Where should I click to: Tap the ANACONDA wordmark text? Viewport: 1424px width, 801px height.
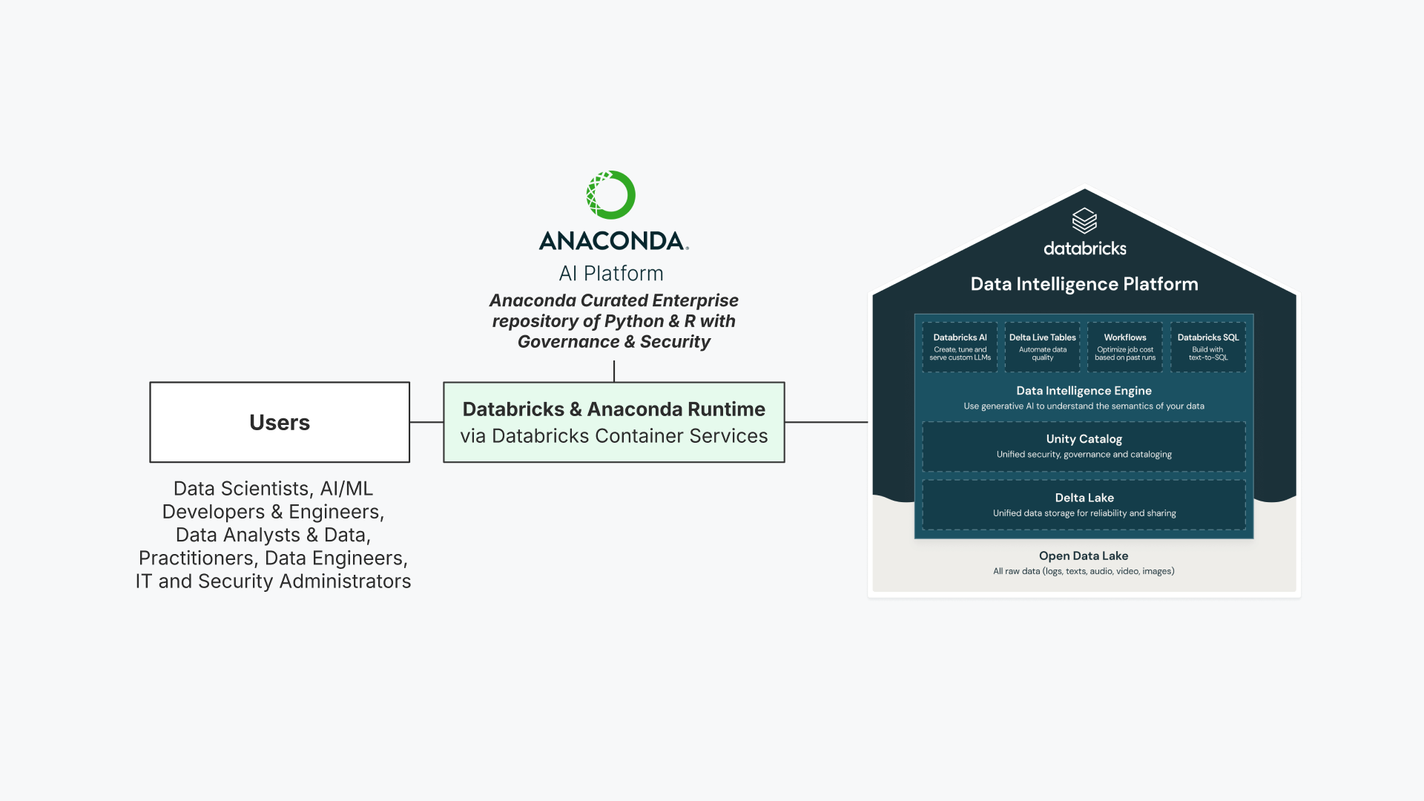613,241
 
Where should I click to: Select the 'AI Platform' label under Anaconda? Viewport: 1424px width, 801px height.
611,273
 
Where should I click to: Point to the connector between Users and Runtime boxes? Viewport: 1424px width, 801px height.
426,422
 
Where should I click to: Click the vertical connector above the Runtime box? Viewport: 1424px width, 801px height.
614,371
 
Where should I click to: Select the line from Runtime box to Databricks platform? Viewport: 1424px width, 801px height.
826,422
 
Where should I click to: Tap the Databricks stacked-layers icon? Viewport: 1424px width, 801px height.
1084,221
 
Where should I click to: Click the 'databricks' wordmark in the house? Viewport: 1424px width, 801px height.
1084,248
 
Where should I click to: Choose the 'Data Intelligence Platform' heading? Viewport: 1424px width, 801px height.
1084,284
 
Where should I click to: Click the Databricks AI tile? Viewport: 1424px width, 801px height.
960,346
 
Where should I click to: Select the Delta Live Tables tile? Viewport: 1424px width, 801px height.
1042,346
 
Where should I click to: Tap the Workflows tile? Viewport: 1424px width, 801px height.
1125,346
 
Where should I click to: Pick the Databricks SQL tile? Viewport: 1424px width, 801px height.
1208,346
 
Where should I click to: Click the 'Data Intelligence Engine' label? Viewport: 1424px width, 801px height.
1084,391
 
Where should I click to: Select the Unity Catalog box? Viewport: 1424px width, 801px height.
1084,446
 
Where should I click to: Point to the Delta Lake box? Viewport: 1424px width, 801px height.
1084,505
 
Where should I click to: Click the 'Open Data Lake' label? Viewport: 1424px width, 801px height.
1084,556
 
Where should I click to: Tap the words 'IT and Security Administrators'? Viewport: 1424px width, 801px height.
273,581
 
